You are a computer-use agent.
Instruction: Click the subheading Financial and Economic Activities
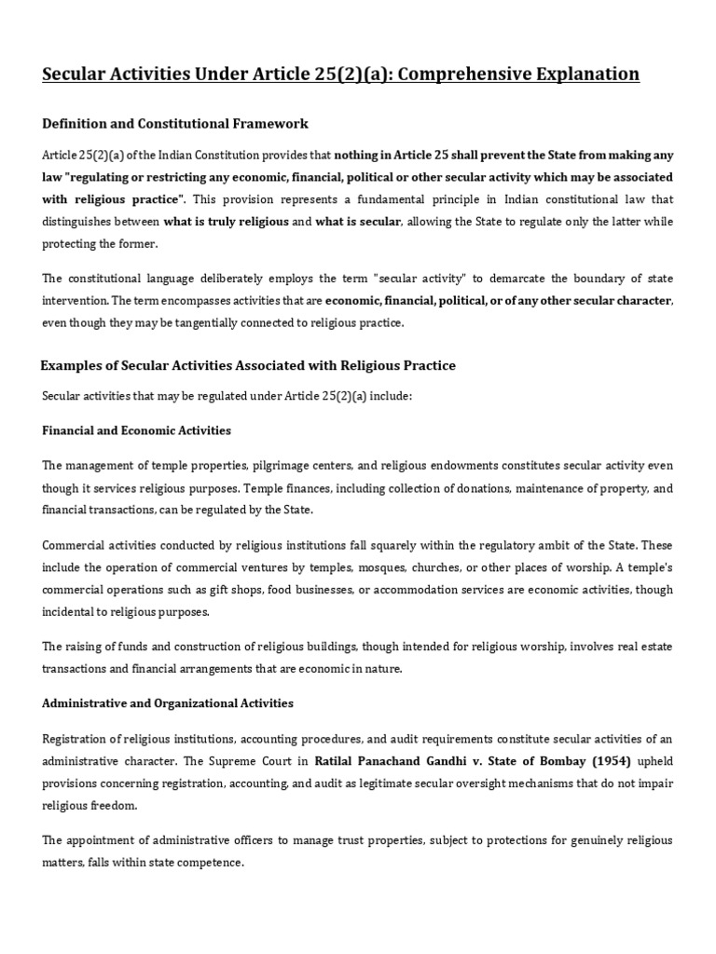[137, 430]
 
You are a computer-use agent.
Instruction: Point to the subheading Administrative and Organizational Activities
[168, 702]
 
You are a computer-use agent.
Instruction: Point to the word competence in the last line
[213, 863]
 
